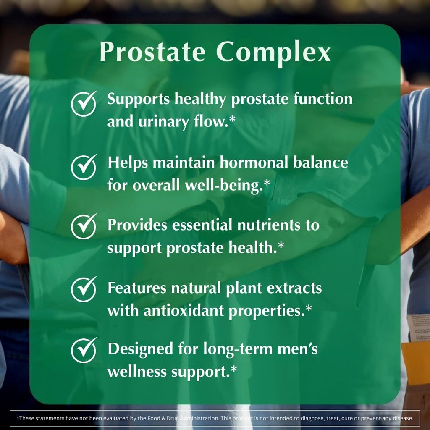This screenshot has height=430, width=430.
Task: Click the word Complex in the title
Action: coord(273,52)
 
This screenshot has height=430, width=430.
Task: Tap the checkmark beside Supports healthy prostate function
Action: coord(84,104)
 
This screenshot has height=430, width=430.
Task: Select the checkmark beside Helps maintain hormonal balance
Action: coord(84,167)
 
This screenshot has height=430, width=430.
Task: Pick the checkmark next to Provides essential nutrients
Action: coord(84,227)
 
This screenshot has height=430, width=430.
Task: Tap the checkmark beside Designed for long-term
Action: coord(84,351)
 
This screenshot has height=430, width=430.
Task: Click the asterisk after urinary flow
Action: coord(232,121)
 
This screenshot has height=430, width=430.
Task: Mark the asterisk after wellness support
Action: coord(233,370)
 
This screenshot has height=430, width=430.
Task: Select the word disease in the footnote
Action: coord(404,418)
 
